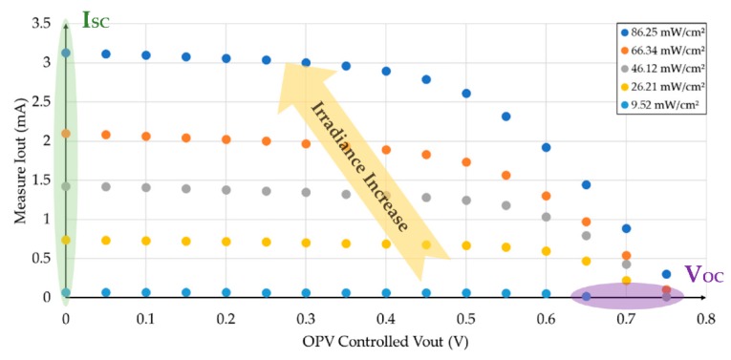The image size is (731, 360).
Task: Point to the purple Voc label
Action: (x=704, y=276)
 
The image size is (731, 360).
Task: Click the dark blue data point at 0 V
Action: (x=66, y=53)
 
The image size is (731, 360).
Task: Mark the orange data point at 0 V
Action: (x=66, y=134)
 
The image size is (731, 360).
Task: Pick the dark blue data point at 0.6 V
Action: (x=546, y=147)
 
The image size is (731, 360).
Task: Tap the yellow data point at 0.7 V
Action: (x=626, y=280)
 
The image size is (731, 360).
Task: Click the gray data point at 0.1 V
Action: (x=146, y=187)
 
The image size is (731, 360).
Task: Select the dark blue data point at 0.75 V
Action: (x=666, y=274)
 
